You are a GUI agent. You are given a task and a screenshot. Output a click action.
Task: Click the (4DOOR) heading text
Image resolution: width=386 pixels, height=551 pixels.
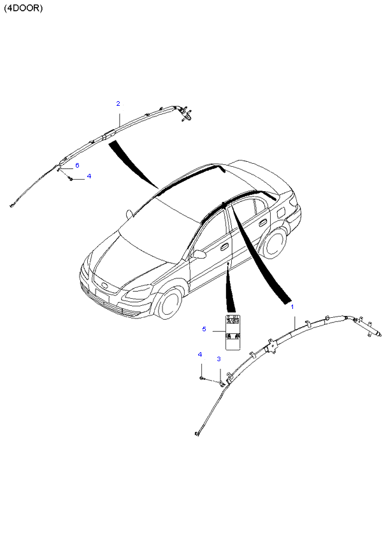click(x=23, y=8)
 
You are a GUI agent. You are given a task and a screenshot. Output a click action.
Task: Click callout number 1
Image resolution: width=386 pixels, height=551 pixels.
click(x=292, y=307)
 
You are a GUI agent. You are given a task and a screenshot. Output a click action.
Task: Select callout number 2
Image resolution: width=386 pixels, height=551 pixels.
click(x=118, y=103)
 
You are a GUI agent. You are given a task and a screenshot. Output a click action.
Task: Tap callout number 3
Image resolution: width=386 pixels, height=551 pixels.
click(x=219, y=359)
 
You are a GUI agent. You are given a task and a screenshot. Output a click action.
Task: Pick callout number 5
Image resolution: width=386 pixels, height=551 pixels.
click(x=204, y=329)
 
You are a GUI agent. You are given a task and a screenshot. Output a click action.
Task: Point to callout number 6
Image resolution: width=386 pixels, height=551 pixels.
click(x=77, y=165)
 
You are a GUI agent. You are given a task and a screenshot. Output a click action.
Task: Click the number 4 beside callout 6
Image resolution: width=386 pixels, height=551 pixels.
click(x=89, y=176)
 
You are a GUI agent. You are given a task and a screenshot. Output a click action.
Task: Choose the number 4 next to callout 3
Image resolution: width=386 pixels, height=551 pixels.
click(x=200, y=354)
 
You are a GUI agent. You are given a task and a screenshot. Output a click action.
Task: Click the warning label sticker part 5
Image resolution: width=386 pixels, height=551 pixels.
click(x=232, y=332)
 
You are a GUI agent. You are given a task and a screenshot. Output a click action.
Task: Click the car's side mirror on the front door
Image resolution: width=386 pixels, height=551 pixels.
click(x=199, y=254)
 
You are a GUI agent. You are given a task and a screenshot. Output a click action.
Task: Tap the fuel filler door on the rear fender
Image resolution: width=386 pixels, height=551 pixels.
click(x=282, y=212)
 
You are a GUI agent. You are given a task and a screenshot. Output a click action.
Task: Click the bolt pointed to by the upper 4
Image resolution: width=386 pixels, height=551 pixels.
click(x=71, y=179)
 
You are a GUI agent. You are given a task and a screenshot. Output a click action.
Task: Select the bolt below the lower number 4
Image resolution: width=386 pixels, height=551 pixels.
click(x=202, y=378)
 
